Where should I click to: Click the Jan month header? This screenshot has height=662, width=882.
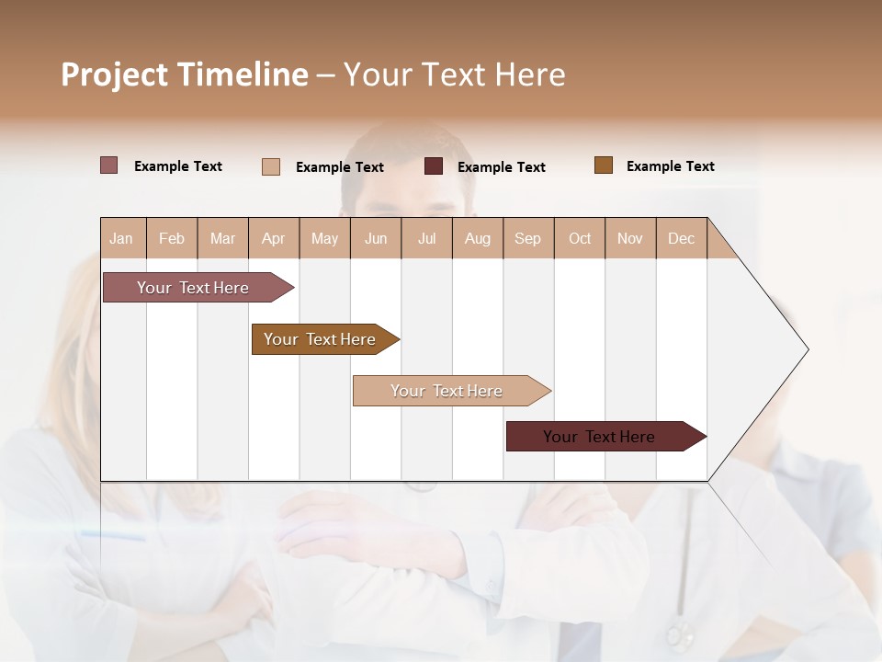coord(121,238)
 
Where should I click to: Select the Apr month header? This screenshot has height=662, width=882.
coord(273,238)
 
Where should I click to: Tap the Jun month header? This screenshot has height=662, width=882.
coord(375,238)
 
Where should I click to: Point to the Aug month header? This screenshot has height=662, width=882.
coord(477,238)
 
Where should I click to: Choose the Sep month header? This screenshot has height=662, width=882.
coord(527,238)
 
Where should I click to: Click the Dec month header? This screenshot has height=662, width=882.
coord(681,238)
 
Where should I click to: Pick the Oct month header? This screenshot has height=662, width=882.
coord(579,238)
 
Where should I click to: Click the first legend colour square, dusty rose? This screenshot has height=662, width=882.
coord(108,165)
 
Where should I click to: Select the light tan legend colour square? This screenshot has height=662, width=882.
coord(270,166)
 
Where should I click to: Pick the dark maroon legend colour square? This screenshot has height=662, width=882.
coord(433,166)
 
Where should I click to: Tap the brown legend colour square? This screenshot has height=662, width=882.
coord(603,165)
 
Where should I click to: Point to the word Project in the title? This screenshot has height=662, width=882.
coord(114,74)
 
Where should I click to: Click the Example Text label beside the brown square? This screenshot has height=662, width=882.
coord(670,166)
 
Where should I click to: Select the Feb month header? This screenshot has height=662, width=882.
coord(172,238)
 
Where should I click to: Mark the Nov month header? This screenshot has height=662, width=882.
coord(629,238)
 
